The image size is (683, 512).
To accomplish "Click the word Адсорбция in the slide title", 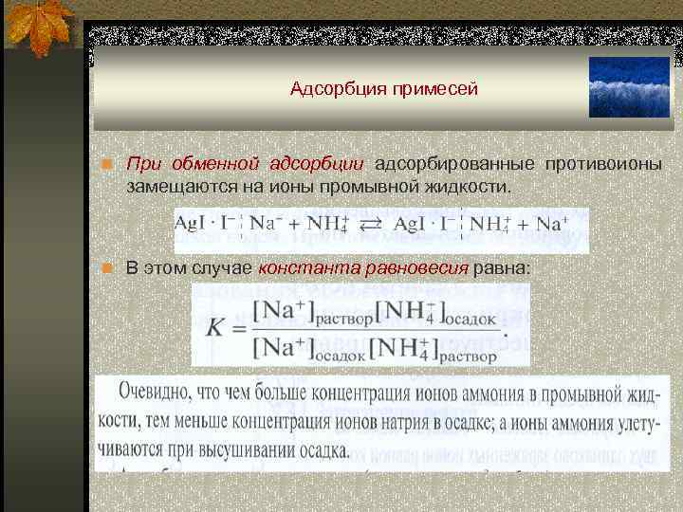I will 331,90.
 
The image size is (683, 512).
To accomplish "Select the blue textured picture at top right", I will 628,86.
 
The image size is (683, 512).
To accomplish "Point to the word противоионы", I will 604,164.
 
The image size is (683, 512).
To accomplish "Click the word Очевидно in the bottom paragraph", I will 157,393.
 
